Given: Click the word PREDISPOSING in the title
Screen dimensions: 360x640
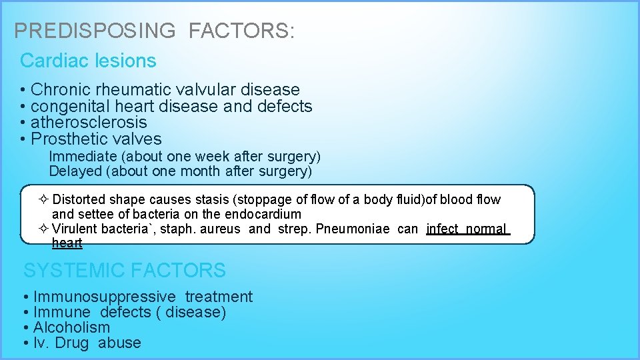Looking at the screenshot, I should [95, 31].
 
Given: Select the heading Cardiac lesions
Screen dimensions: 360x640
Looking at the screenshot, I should [88, 61].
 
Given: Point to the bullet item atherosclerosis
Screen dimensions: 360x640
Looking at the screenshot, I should [89, 123].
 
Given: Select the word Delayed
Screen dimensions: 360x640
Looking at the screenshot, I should [75, 171].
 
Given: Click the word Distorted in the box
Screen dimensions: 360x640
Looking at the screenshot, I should [79, 200].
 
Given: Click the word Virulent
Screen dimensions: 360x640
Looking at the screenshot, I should [75, 229].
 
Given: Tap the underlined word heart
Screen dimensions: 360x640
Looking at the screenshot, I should [67, 243].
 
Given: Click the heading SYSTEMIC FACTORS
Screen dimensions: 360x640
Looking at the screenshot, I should [125, 271].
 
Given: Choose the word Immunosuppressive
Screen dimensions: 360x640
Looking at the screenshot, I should [105, 297].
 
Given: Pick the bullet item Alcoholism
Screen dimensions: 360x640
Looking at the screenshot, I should [71, 327].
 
